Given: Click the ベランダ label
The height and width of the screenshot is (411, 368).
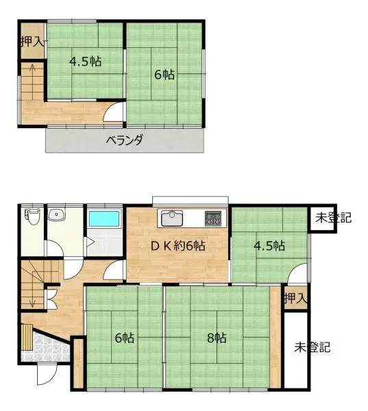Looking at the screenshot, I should point(124,141).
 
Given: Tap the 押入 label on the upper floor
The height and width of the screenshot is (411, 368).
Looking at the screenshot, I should point(32,40).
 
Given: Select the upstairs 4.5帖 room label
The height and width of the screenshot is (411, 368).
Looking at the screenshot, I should point(85,61).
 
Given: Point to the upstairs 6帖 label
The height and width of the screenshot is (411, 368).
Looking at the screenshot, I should point(164,75).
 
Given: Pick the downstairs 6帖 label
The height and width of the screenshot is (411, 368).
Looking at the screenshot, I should point(124,337).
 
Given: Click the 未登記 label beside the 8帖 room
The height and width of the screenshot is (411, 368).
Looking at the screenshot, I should point(312,347).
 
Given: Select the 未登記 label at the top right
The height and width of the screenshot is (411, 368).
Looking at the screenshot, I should point(333,219).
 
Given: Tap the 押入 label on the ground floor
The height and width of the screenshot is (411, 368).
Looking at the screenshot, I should point(295,299).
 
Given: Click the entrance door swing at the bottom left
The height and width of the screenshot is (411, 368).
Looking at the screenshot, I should point(45,373).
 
